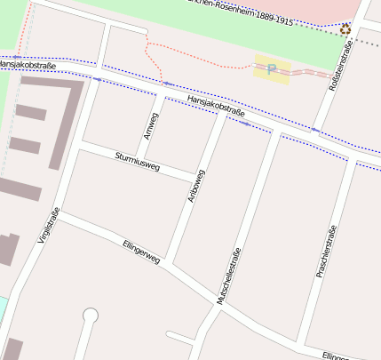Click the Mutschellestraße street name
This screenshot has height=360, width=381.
click(230, 276)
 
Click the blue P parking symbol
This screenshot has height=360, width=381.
click(272, 68)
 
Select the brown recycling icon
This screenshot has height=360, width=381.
click(345, 29)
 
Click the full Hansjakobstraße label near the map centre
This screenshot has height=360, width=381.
click(217, 107)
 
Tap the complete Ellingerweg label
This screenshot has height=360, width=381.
click(141, 252)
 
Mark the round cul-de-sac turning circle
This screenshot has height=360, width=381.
click(90, 314)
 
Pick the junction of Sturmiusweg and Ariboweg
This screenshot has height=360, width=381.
click(194, 174)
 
